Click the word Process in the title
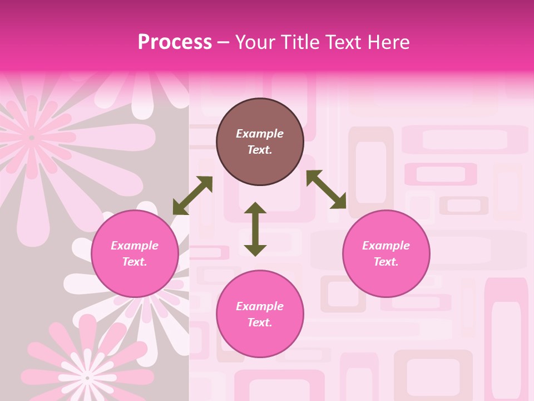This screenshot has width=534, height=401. coord(175,42)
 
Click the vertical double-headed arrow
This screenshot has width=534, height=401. coord(255,229)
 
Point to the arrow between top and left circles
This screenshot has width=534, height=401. coord(192,195)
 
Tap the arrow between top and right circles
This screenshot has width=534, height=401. coord(327,189)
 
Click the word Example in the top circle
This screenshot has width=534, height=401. coord(260,134)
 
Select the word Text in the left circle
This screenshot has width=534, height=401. coord(135,262)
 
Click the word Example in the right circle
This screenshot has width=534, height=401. coord(386,246)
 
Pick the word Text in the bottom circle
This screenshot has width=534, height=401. coord(260,322)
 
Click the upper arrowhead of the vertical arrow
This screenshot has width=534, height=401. coord(255,208)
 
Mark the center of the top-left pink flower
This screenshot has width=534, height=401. coord(32,138)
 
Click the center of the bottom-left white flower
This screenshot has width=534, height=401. coord(87,378)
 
